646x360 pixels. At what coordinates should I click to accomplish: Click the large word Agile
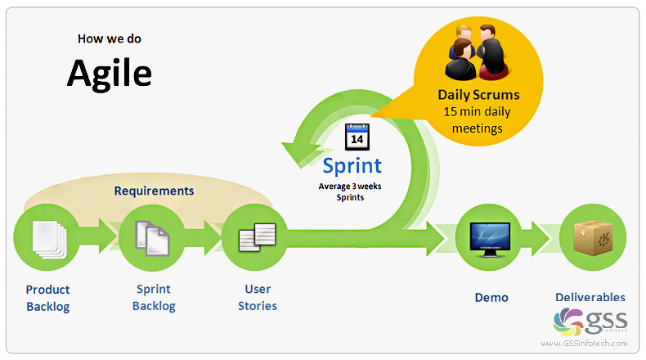[x=109, y=73]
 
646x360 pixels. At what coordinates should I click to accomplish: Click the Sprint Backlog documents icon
[x=152, y=237]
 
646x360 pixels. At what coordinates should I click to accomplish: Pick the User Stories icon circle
[x=254, y=237]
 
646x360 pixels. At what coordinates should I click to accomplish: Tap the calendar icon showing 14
[x=357, y=137]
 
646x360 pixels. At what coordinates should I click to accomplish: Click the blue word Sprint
[x=352, y=165]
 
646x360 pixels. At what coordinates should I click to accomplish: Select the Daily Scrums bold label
[x=478, y=94]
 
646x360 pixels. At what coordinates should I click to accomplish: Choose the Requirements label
[x=154, y=191]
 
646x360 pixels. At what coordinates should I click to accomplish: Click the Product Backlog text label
[x=47, y=298]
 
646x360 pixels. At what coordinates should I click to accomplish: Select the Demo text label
[x=491, y=297]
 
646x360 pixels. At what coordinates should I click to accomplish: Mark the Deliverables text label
[x=590, y=297]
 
